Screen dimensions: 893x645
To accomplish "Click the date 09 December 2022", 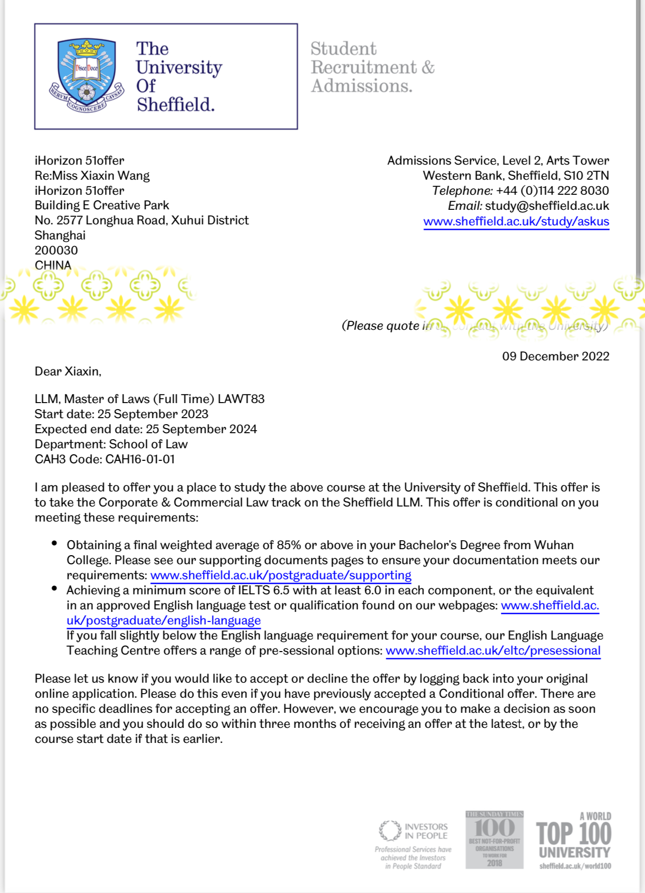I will tap(556, 356).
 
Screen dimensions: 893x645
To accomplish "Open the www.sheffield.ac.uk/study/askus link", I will tap(516, 221).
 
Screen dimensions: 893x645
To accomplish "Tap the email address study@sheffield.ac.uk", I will tap(547, 206).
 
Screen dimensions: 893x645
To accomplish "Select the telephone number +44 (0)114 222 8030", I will tap(552, 191).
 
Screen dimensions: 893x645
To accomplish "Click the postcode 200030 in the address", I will tap(56, 250).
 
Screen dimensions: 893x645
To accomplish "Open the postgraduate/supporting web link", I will tap(281, 575).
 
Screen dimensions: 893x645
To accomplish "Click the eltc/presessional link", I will tap(493, 651).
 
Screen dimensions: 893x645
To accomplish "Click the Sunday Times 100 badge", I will tap(494, 839).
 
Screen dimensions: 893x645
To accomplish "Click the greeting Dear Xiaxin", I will tap(68, 371).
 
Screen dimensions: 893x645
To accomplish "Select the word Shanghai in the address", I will tap(60, 235).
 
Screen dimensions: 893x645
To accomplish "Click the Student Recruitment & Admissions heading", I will tap(372, 67).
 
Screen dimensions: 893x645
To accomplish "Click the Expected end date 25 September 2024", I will tap(201, 429).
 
